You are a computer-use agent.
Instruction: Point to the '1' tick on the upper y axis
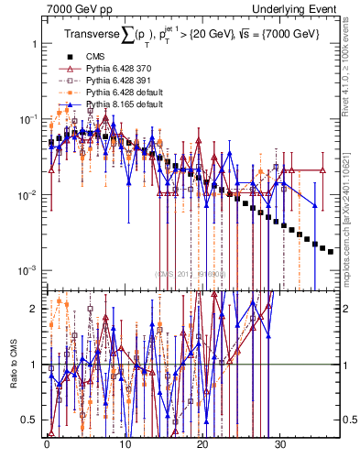pos(33,44)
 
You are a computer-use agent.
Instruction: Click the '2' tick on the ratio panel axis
pos(33,309)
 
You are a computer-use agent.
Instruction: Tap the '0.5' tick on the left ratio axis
pos(29,420)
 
